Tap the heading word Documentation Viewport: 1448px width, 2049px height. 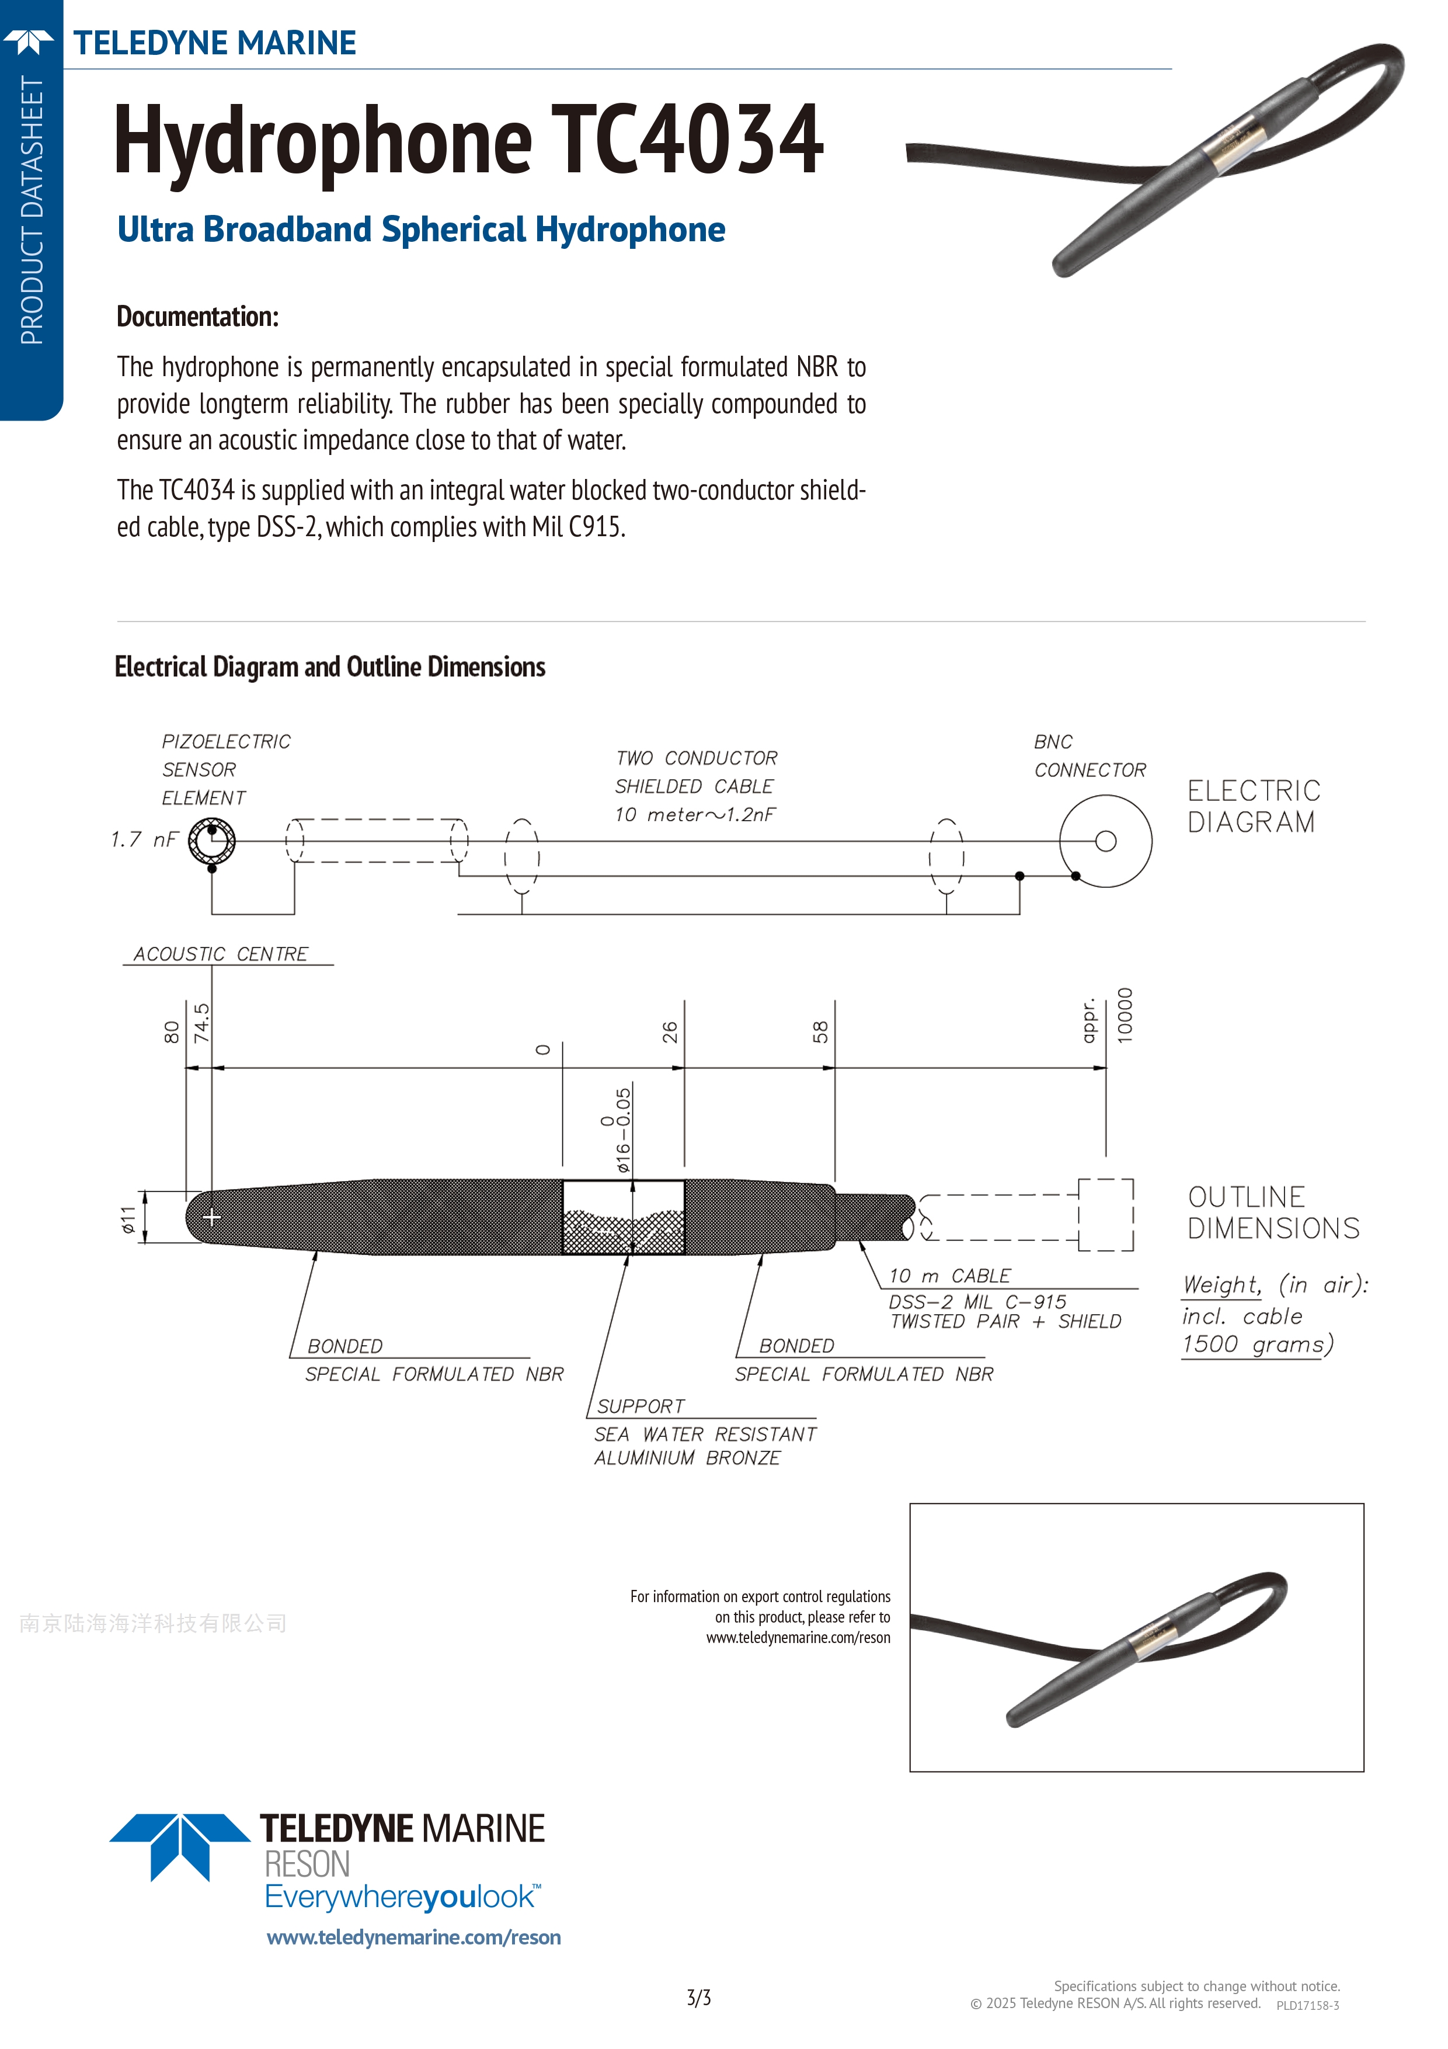tap(197, 317)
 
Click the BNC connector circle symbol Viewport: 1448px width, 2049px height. tap(1105, 841)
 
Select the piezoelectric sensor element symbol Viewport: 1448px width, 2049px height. tap(213, 841)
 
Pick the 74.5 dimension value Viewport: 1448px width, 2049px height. tap(203, 1023)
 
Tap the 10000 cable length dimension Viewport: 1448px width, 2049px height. tap(1125, 1016)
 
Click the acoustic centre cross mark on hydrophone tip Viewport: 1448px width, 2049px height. tap(213, 1216)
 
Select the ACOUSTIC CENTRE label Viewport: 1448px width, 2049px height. tap(220, 954)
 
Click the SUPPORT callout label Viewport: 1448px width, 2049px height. tap(641, 1406)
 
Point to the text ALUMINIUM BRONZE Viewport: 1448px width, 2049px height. tap(687, 1458)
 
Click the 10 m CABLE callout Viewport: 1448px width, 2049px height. tap(949, 1276)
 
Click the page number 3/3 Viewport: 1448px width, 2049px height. tap(698, 1997)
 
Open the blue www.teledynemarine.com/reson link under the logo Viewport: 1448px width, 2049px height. tap(414, 1937)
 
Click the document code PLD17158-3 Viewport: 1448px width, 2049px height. tap(1307, 2005)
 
